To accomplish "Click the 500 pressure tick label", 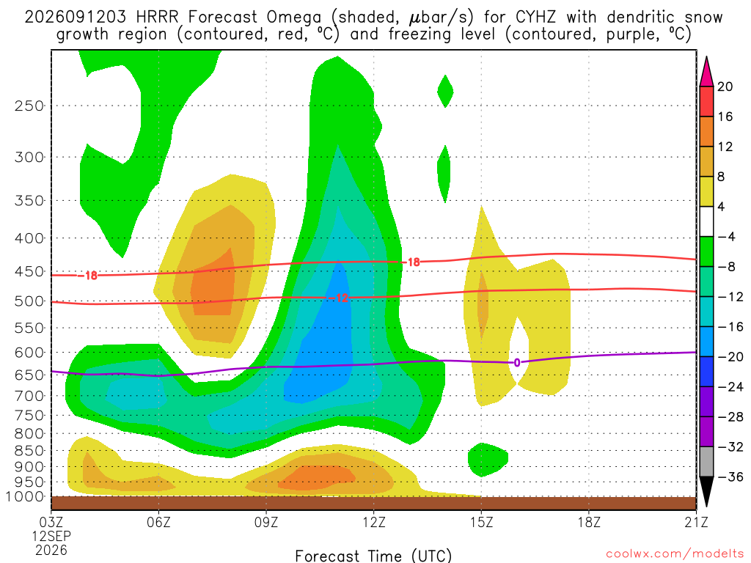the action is (x=29, y=301).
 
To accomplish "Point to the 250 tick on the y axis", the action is (x=29, y=106).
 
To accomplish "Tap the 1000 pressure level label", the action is (x=24, y=496).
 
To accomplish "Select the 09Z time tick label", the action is (x=265, y=522).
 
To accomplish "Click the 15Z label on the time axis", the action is (x=481, y=522).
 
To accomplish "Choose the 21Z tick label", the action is (x=696, y=522).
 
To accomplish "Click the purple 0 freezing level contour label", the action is (x=517, y=362).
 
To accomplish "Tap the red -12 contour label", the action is (x=339, y=298).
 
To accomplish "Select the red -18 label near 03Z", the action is (x=88, y=276).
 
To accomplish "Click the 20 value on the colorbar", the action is (x=725, y=87).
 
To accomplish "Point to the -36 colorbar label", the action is (x=730, y=476).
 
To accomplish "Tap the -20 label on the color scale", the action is (x=730, y=357).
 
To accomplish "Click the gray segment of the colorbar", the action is (x=706, y=462).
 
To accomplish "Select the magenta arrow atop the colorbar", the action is (x=706, y=71).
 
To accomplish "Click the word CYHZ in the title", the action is (x=536, y=18).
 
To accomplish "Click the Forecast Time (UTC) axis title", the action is (x=373, y=556).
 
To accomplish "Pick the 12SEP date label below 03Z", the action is (x=51, y=536).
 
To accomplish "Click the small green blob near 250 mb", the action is (x=445, y=91).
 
